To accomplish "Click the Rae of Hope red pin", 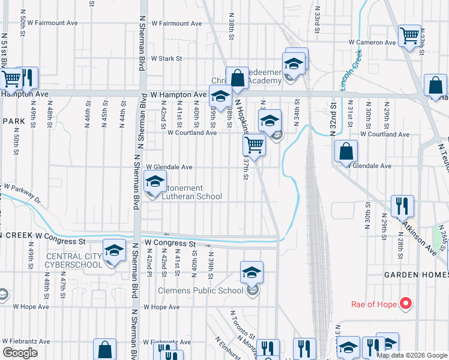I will pyautogui.click(x=405, y=304).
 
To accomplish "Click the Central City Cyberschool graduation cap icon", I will pyautogui.click(x=113, y=251).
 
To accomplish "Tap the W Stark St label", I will pyautogui.click(x=166, y=59).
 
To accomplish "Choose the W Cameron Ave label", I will pyautogui.click(x=373, y=43).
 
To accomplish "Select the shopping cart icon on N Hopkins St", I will pyautogui.click(x=254, y=145).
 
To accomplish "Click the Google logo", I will pyautogui.click(x=19, y=353).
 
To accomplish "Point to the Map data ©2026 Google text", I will pyautogui.click(x=412, y=355).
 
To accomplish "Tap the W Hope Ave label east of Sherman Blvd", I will pyautogui.click(x=161, y=307).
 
